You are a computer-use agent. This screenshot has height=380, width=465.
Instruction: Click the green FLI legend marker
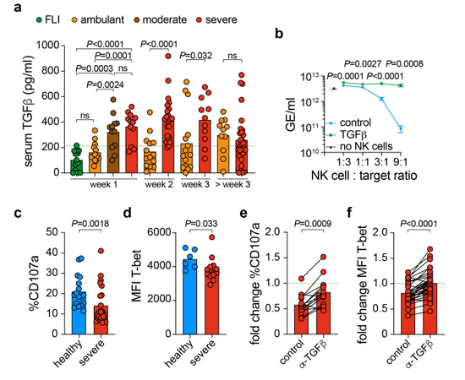39,20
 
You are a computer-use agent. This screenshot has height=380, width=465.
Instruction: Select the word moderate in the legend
165,19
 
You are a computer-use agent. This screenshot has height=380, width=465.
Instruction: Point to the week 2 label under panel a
159,185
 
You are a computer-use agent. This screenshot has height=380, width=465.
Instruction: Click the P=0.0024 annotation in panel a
105,85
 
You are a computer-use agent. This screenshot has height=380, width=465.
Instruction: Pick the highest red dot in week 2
168,56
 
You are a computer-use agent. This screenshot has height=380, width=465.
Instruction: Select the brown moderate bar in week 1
113,153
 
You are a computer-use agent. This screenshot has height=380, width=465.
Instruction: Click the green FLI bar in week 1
76,166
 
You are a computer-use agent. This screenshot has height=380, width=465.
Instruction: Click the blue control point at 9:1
401,128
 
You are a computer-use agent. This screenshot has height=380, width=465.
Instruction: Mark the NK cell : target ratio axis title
364,176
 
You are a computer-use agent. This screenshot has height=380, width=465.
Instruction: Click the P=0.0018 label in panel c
90,223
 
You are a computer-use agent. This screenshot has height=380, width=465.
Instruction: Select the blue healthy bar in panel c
79,313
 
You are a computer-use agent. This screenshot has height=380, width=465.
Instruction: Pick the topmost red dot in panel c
101,251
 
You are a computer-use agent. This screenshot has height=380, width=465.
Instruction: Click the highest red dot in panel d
211,237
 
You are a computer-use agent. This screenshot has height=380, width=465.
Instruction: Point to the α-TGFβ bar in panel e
323,313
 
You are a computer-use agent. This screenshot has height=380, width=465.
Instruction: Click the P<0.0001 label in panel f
418,223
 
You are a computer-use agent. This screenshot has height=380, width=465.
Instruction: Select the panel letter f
351,214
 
